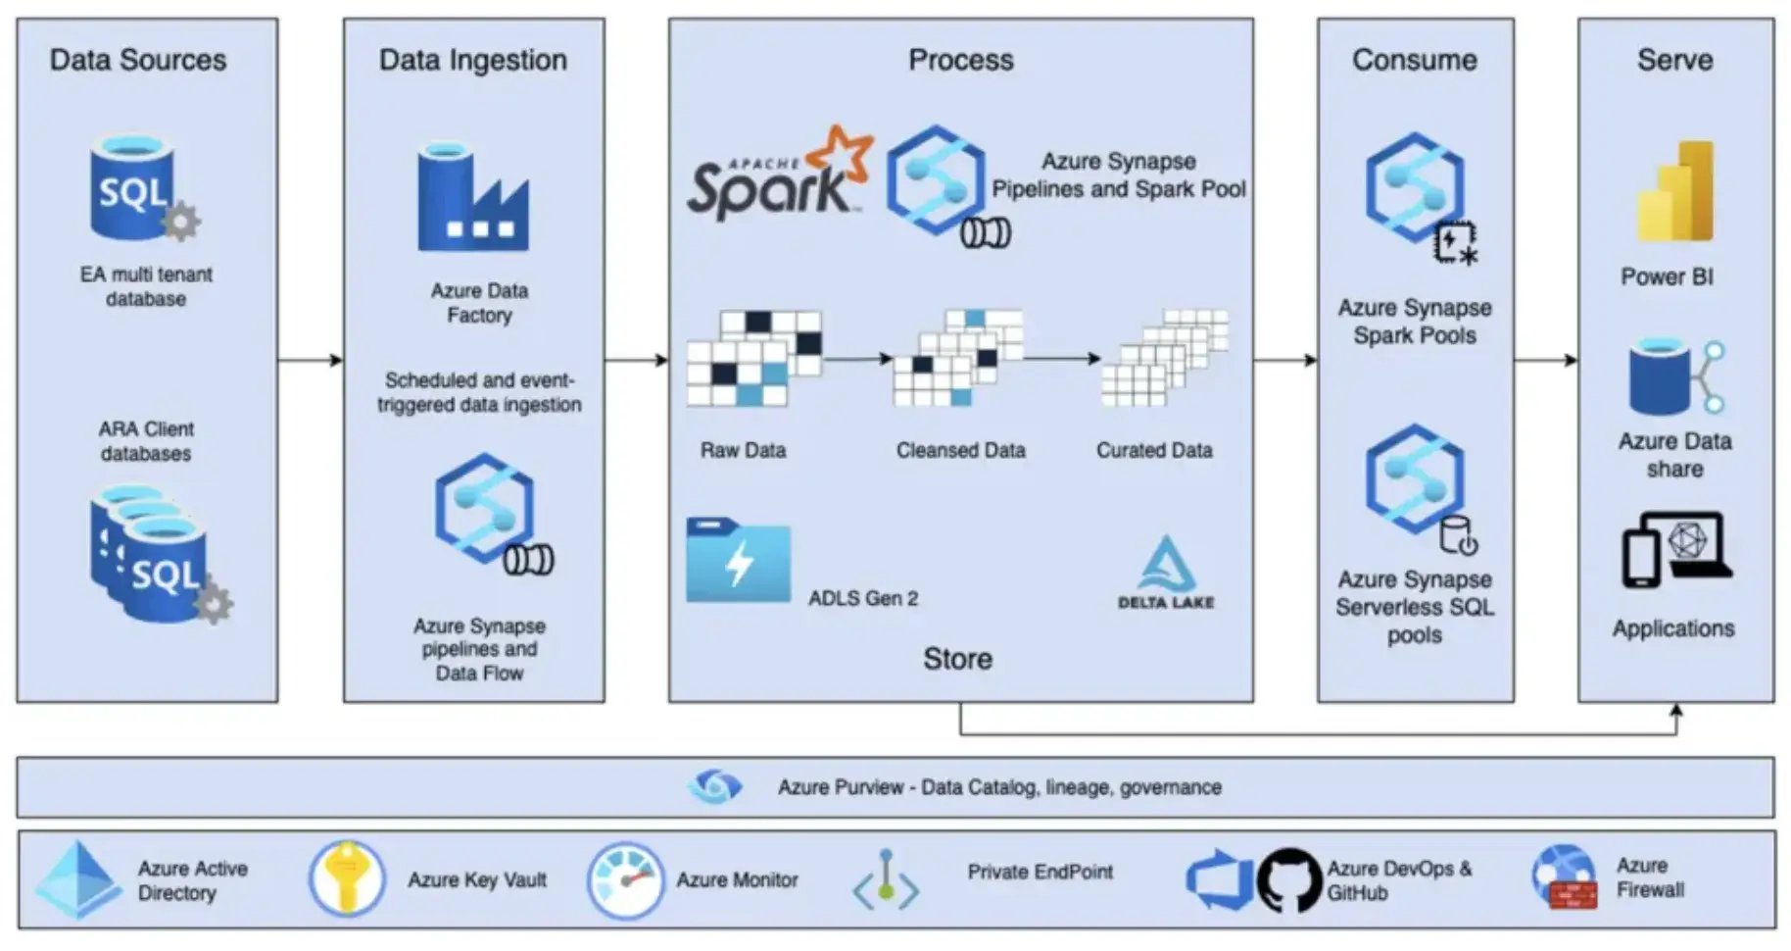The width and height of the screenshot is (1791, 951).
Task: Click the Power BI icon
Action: coord(1675,190)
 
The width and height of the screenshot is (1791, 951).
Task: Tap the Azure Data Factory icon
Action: coord(473,198)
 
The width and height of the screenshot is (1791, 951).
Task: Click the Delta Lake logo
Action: coord(1166,573)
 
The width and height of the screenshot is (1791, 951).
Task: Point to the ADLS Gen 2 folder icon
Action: coord(738,560)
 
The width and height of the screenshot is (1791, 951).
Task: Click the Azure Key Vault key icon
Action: coord(347,878)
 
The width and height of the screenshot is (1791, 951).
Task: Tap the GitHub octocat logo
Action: coord(1289,880)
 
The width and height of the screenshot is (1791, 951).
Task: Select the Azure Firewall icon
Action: coord(1565,877)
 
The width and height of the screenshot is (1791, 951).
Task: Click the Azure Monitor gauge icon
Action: coord(626,880)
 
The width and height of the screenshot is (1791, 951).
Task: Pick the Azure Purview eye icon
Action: coord(715,786)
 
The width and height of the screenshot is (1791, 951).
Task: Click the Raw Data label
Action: coord(743,450)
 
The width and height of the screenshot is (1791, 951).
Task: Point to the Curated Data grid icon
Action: coord(1164,358)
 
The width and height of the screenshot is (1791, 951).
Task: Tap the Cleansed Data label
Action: coord(960,450)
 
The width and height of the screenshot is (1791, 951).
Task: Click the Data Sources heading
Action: coord(138,60)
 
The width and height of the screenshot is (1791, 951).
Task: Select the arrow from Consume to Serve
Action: coord(1546,360)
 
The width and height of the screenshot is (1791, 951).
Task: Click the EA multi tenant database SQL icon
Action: coord(143,188)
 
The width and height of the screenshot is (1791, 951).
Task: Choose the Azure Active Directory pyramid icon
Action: coord(77,879)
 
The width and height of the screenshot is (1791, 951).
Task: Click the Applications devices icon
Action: coord(1676,550)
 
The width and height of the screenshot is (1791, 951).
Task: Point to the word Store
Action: coord(957,659)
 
